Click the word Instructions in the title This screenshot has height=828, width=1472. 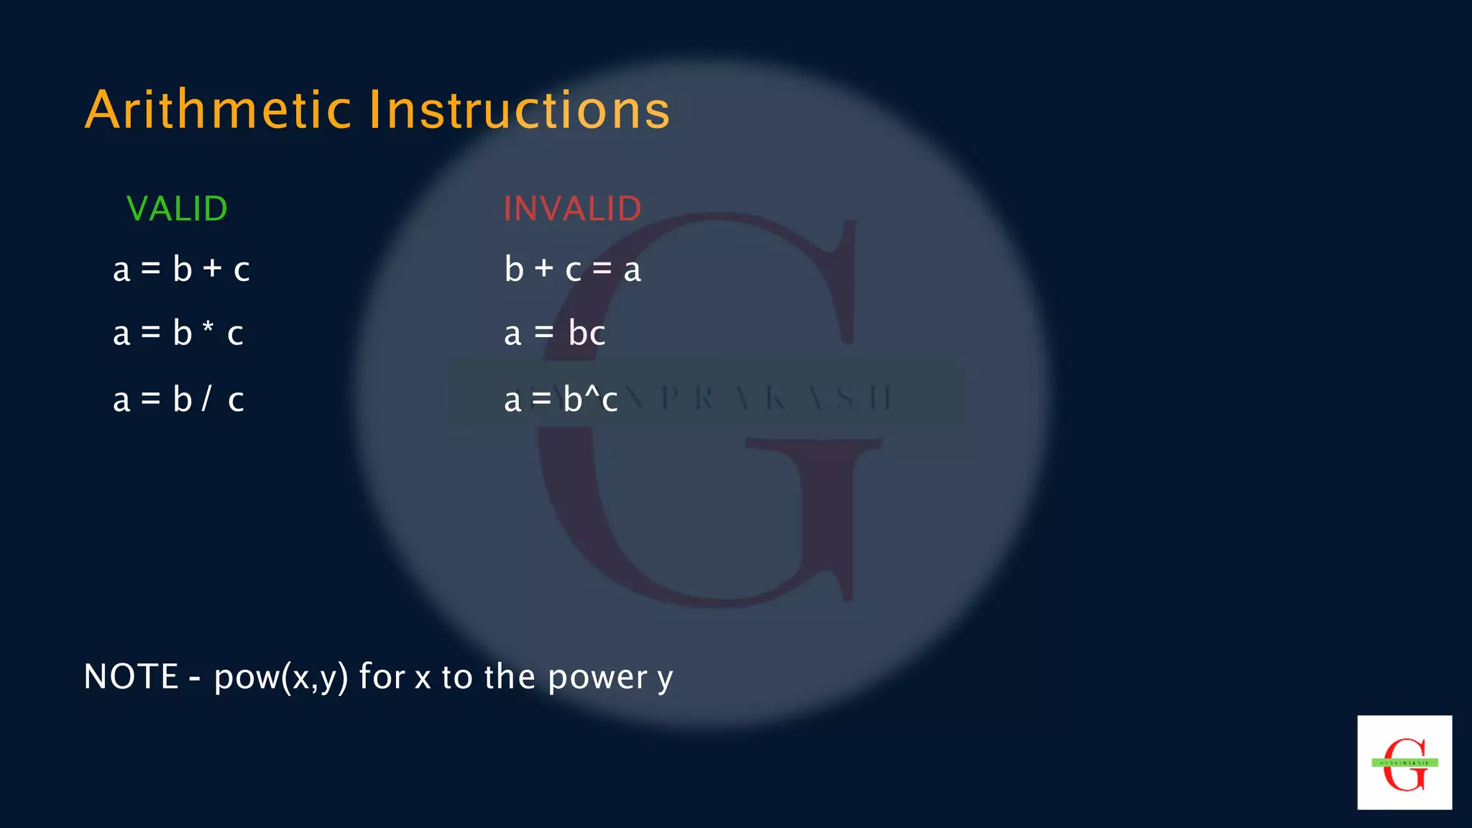point(519,110)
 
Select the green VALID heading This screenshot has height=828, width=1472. point(177,209)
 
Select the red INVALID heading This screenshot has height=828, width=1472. point(572,209)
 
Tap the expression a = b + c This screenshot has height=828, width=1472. point(181,270)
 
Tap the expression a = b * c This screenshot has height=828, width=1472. point(178,333)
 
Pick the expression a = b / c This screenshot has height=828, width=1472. point(178,400)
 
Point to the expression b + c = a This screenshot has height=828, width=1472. point(572,270)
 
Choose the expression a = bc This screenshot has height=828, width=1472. point(554,333)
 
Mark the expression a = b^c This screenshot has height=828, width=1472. point(561,400)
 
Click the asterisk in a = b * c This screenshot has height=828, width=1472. point(208,328)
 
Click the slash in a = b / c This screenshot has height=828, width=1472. point(206,398)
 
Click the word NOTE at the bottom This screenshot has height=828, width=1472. point(131,677)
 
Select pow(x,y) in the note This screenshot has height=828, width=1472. point(281,677)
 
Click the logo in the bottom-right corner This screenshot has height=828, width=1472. point(1404,763)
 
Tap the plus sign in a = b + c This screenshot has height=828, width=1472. point(212,269)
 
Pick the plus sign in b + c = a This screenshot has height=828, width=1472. point(544,269)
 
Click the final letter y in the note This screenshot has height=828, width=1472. point(665,680)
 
